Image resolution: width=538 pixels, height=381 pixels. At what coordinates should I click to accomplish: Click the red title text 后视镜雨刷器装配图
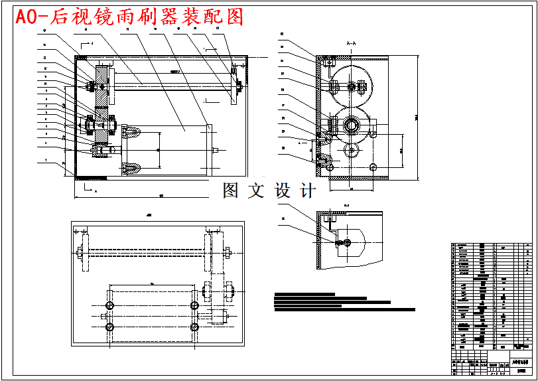[129, 17]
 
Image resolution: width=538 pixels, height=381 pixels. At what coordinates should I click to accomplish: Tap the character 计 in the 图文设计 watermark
[308, 191]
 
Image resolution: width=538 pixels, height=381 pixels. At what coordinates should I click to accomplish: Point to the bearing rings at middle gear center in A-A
[352, 124]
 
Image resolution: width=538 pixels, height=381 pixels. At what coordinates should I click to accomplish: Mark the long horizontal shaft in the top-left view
[172, 82]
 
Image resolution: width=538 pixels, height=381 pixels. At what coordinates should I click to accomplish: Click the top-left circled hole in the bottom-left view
[110, 304]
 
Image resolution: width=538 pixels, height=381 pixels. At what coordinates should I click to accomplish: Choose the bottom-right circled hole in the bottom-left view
[194, 327]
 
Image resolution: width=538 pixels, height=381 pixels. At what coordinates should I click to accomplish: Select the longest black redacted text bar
[344, 309]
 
